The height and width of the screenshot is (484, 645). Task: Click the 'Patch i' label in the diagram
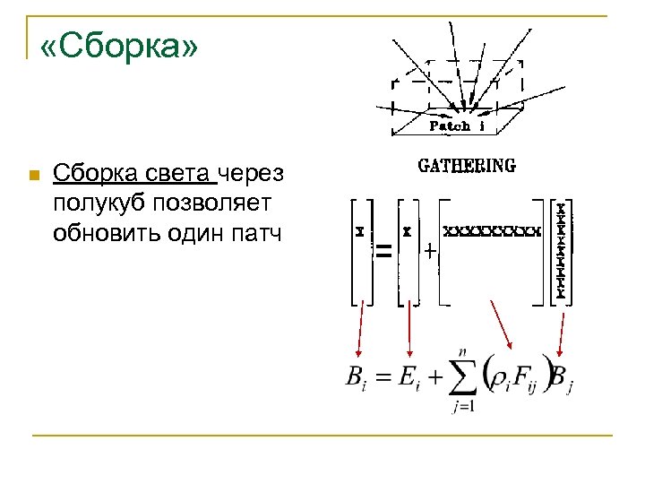point(458,126)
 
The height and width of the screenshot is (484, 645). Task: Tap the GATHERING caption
point(467,166)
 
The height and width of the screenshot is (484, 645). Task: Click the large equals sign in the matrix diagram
point(383,254)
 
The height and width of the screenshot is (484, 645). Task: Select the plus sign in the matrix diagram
point(431,253)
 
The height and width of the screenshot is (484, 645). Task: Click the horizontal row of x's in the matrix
point(493,230)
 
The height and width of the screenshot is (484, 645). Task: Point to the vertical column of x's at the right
point(561,251)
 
